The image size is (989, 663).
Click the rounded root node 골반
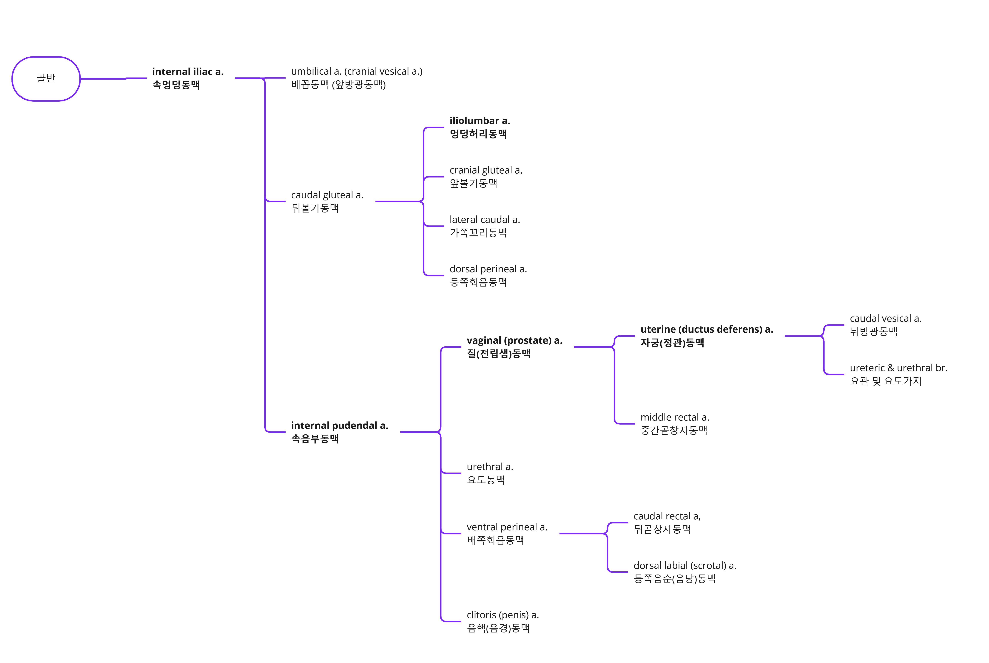tap(46, 79)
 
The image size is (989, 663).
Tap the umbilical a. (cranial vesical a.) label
tap(356, 78)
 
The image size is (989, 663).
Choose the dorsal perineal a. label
tap(488, 275)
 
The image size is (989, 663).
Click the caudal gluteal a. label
tap(327, 201)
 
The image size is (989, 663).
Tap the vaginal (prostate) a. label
tap(514, 347)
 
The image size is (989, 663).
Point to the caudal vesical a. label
tap(885, 325)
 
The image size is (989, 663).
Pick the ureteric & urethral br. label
tap(898, 374)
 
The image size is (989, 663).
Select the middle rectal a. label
tap(674, 424)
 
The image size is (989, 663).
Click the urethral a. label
tap(490, 473)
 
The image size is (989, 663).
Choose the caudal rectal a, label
tap(667, 523)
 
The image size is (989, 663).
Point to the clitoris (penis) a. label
tap(502, 621)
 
